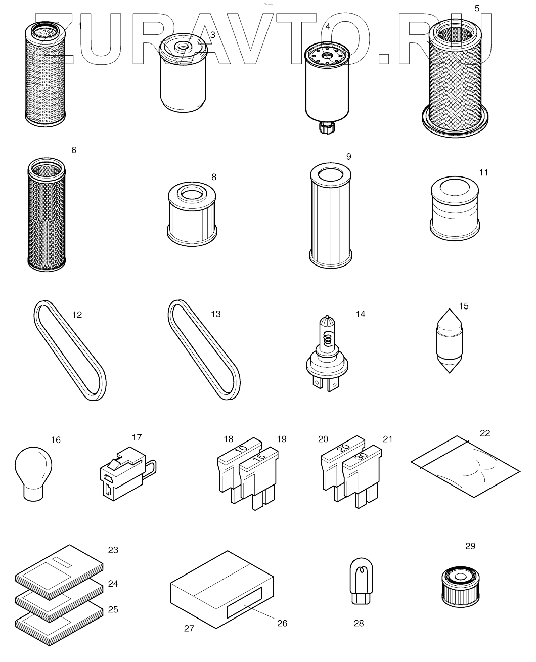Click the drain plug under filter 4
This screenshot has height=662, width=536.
coord(327,127)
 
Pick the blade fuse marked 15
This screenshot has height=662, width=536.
coord(259,478)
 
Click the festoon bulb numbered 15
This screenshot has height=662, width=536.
coord(450,341)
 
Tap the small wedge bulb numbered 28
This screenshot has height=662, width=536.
coord(361,581)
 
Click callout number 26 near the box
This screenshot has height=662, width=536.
coord(282,623)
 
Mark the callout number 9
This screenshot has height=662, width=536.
coord(348,157)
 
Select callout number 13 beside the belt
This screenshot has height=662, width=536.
coord(215,314)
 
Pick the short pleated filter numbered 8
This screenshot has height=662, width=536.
coord(192,214)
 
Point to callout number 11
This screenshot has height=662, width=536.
coord(483,172)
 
